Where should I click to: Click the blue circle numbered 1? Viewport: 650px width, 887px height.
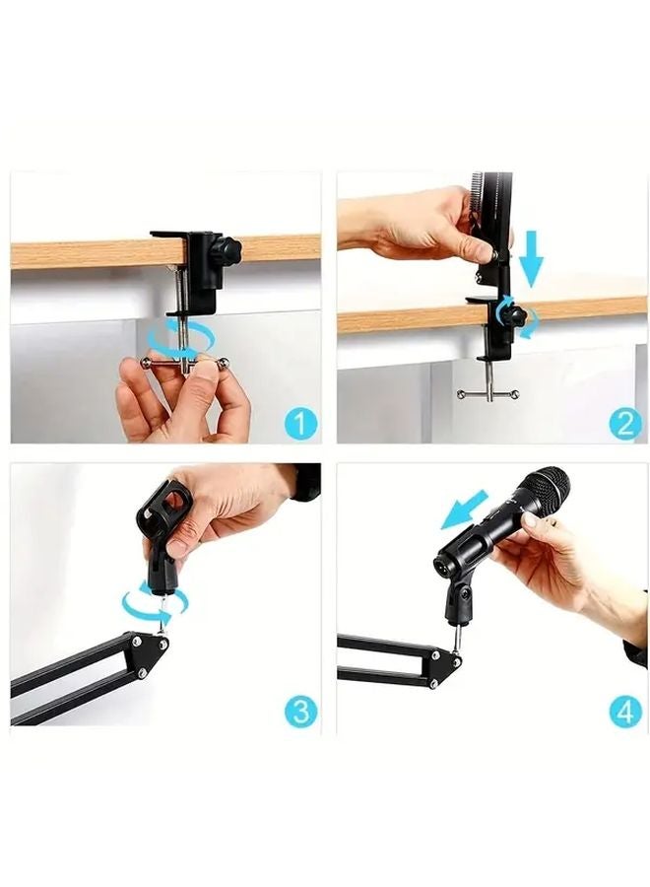(300, 425)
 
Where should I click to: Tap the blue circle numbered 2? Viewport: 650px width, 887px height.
(624, 424)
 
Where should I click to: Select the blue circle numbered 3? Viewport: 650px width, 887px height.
(300, 711)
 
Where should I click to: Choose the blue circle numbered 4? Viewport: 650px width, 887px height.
(624, 711)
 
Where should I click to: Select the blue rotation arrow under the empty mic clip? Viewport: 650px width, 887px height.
(150, 602)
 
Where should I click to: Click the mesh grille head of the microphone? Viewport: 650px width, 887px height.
(543, 490)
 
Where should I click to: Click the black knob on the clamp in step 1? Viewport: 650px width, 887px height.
(229, 248)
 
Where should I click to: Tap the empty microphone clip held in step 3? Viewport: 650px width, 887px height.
(162, 532)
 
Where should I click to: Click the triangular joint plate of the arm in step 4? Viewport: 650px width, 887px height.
(439, 665)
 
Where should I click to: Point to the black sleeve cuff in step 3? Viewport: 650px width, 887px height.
(305, 482)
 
